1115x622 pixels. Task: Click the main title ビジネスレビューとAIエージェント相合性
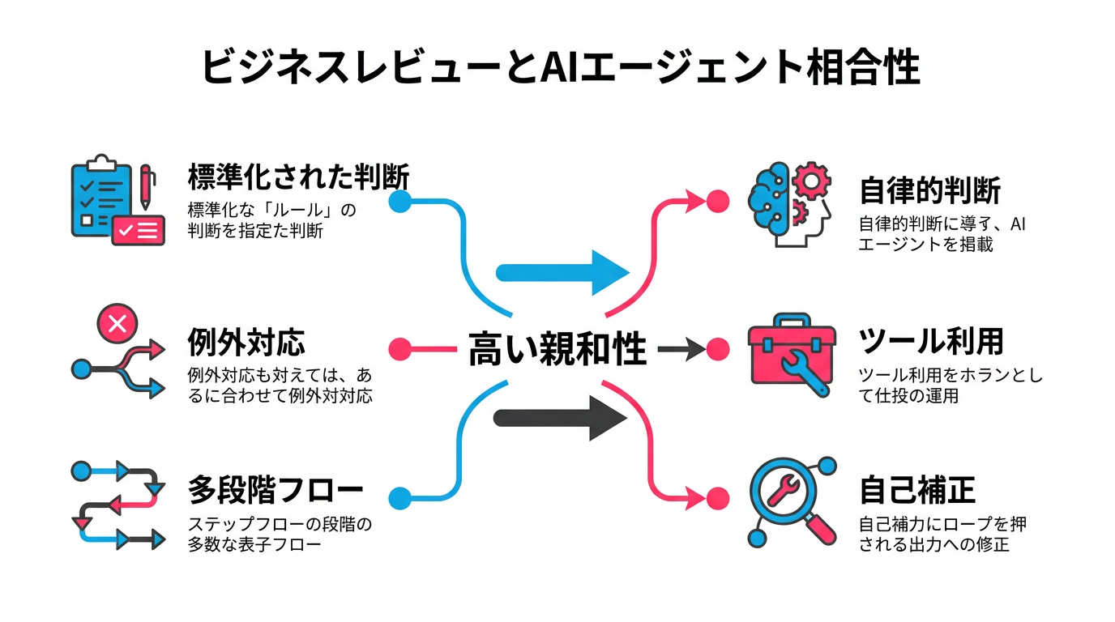pos(559,68)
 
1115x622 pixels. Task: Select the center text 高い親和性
pos(557,351)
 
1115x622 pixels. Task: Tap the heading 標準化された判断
pos(298,176)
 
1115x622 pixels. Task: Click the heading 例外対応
pos(246,342)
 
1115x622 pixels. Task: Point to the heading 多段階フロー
pos(276,490)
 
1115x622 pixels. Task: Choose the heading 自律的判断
pos(929,191)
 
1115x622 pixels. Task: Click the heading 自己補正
pos(916,490)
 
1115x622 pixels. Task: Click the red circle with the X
pos(117,325)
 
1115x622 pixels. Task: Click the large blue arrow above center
pos(562,272)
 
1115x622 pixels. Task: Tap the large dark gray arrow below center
pos(561,418)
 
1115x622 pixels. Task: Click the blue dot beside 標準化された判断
pos(399,201)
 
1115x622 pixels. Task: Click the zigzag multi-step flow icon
pos(117,505)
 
